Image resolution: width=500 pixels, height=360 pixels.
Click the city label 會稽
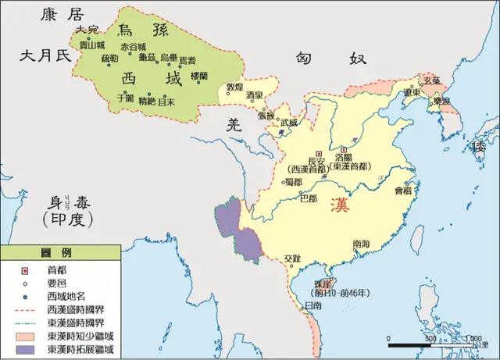click(402, 190)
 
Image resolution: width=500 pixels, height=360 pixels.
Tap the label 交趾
click(291, 258)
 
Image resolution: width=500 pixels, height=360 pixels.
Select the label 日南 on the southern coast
click(312, 306)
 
